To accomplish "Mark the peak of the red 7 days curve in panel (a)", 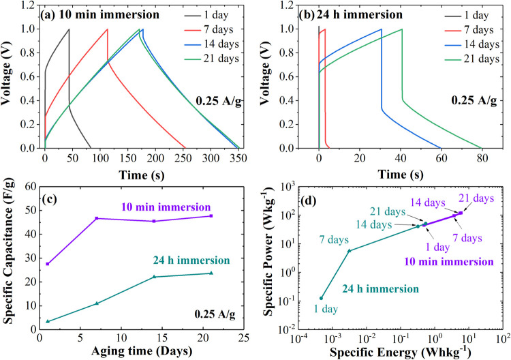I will coord(107,29).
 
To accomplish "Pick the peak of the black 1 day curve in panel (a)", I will coord(69,29).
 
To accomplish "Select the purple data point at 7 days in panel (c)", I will coord(97,218).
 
